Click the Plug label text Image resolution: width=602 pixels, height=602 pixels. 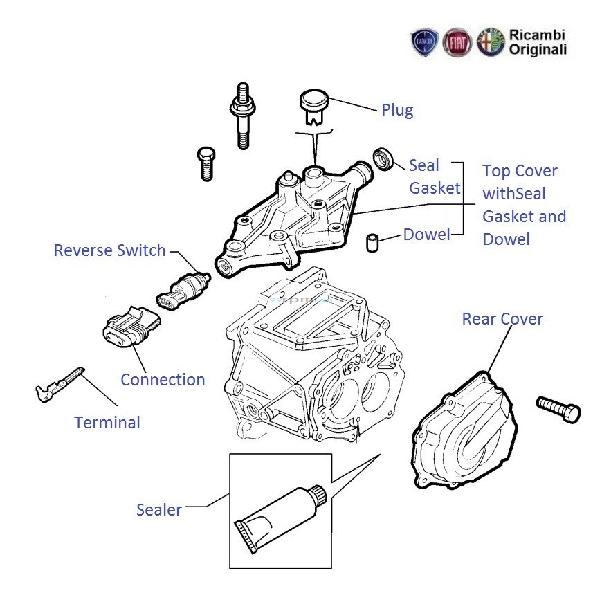397,110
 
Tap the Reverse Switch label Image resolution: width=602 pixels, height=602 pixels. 110,250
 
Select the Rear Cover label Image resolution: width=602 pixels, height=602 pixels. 502,319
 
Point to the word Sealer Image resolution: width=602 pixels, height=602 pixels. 159,511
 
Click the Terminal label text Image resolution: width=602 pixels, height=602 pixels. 107,422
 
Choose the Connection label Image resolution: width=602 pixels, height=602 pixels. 163,380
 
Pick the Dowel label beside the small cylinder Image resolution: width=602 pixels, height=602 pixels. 427,235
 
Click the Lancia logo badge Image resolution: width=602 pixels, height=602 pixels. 424,42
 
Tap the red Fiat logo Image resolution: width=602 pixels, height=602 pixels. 457,42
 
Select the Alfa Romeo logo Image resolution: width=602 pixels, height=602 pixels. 491,42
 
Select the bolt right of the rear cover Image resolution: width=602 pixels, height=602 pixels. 558,408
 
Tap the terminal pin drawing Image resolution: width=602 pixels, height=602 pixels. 60,384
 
